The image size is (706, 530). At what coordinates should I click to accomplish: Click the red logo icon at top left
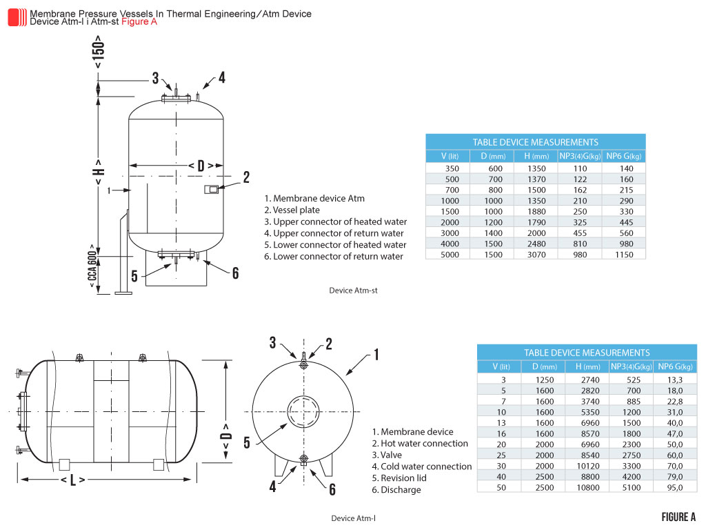[x=17, y=17]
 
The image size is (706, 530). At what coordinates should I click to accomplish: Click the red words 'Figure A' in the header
[x=139, y=21]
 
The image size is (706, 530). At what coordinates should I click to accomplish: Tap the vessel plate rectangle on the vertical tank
[x=212, y=189]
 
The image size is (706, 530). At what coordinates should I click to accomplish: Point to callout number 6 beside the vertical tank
[x=235, y=273]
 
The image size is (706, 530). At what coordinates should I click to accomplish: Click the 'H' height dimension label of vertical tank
[x=99, y=171]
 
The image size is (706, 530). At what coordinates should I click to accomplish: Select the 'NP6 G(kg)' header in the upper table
[x=624, y=156]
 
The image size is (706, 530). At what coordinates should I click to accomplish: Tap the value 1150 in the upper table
[x=624, y=255]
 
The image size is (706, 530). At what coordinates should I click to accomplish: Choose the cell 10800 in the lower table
[x=587, y=487]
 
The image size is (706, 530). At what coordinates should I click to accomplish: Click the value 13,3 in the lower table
[x=675, y=380]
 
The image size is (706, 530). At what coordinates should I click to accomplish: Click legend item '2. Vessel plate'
[x=292, y=210]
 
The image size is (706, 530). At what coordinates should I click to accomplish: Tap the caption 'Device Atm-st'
[x=354, y=291]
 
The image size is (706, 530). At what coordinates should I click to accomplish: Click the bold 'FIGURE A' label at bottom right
[x=678, y=517]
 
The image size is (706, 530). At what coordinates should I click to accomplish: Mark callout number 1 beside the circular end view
[x=376, y=355]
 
